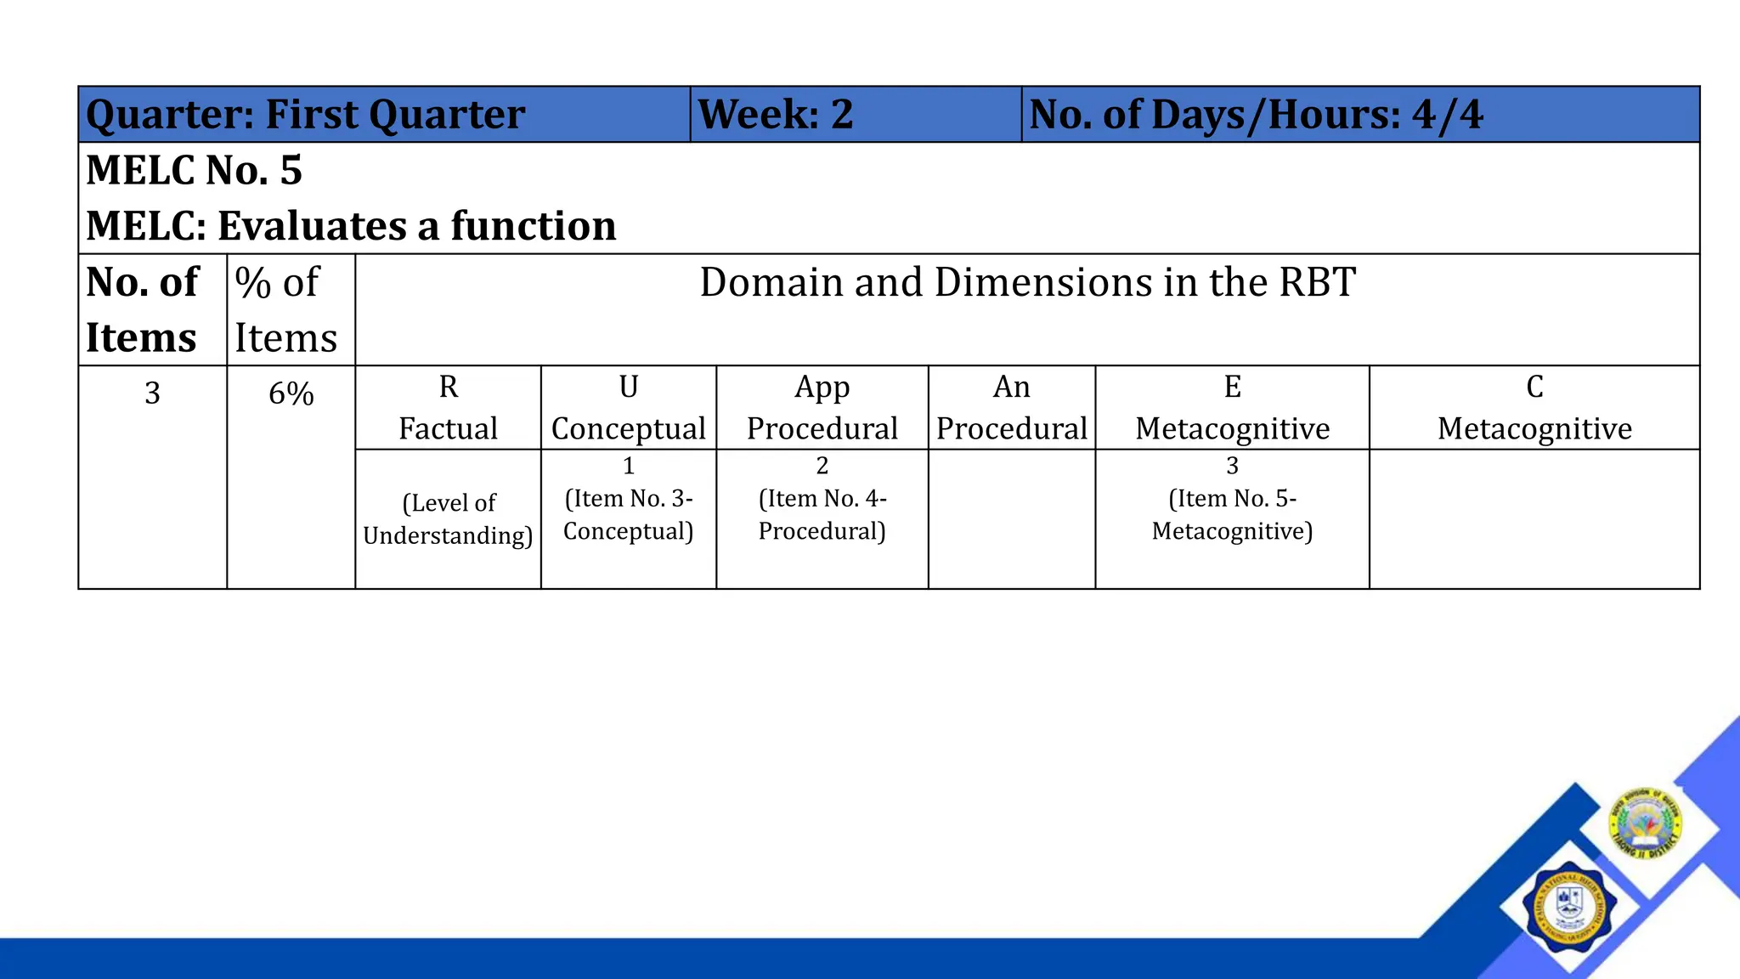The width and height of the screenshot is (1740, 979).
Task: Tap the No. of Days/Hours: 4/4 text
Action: click(x=1256, y=115)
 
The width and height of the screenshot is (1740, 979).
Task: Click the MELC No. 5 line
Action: click(x=195, y=170)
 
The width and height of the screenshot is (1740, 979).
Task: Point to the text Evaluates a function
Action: click(x=416, y=226)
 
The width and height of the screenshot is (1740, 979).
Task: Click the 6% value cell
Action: click(x=291, y=393)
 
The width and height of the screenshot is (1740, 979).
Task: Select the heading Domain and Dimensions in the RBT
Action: click(x=1026, y=282)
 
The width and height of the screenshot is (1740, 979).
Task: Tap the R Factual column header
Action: click(x=448, y=408)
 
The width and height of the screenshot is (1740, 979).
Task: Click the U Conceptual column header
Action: click(x=628, y=408)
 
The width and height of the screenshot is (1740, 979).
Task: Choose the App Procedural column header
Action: click(x=822, y=408)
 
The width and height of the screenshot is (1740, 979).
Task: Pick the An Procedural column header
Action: click(x=1011, y=408)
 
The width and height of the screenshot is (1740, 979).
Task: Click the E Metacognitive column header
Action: click(x=1232, y=408)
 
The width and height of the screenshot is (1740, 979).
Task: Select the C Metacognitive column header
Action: click(x=1534, y=408)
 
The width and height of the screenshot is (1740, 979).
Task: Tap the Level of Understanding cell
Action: click(x=448, y=518)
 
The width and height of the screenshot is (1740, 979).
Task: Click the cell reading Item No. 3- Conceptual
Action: click(x=628, y=513)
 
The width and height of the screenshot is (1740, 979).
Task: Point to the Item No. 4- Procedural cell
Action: click(x=822, y=513)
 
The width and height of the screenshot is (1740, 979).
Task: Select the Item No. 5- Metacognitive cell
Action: click(x=1232, y=513)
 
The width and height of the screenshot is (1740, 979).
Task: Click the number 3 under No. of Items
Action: click(x=152, y=393)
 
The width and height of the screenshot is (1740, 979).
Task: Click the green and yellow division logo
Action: click(x=1646, y=822)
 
